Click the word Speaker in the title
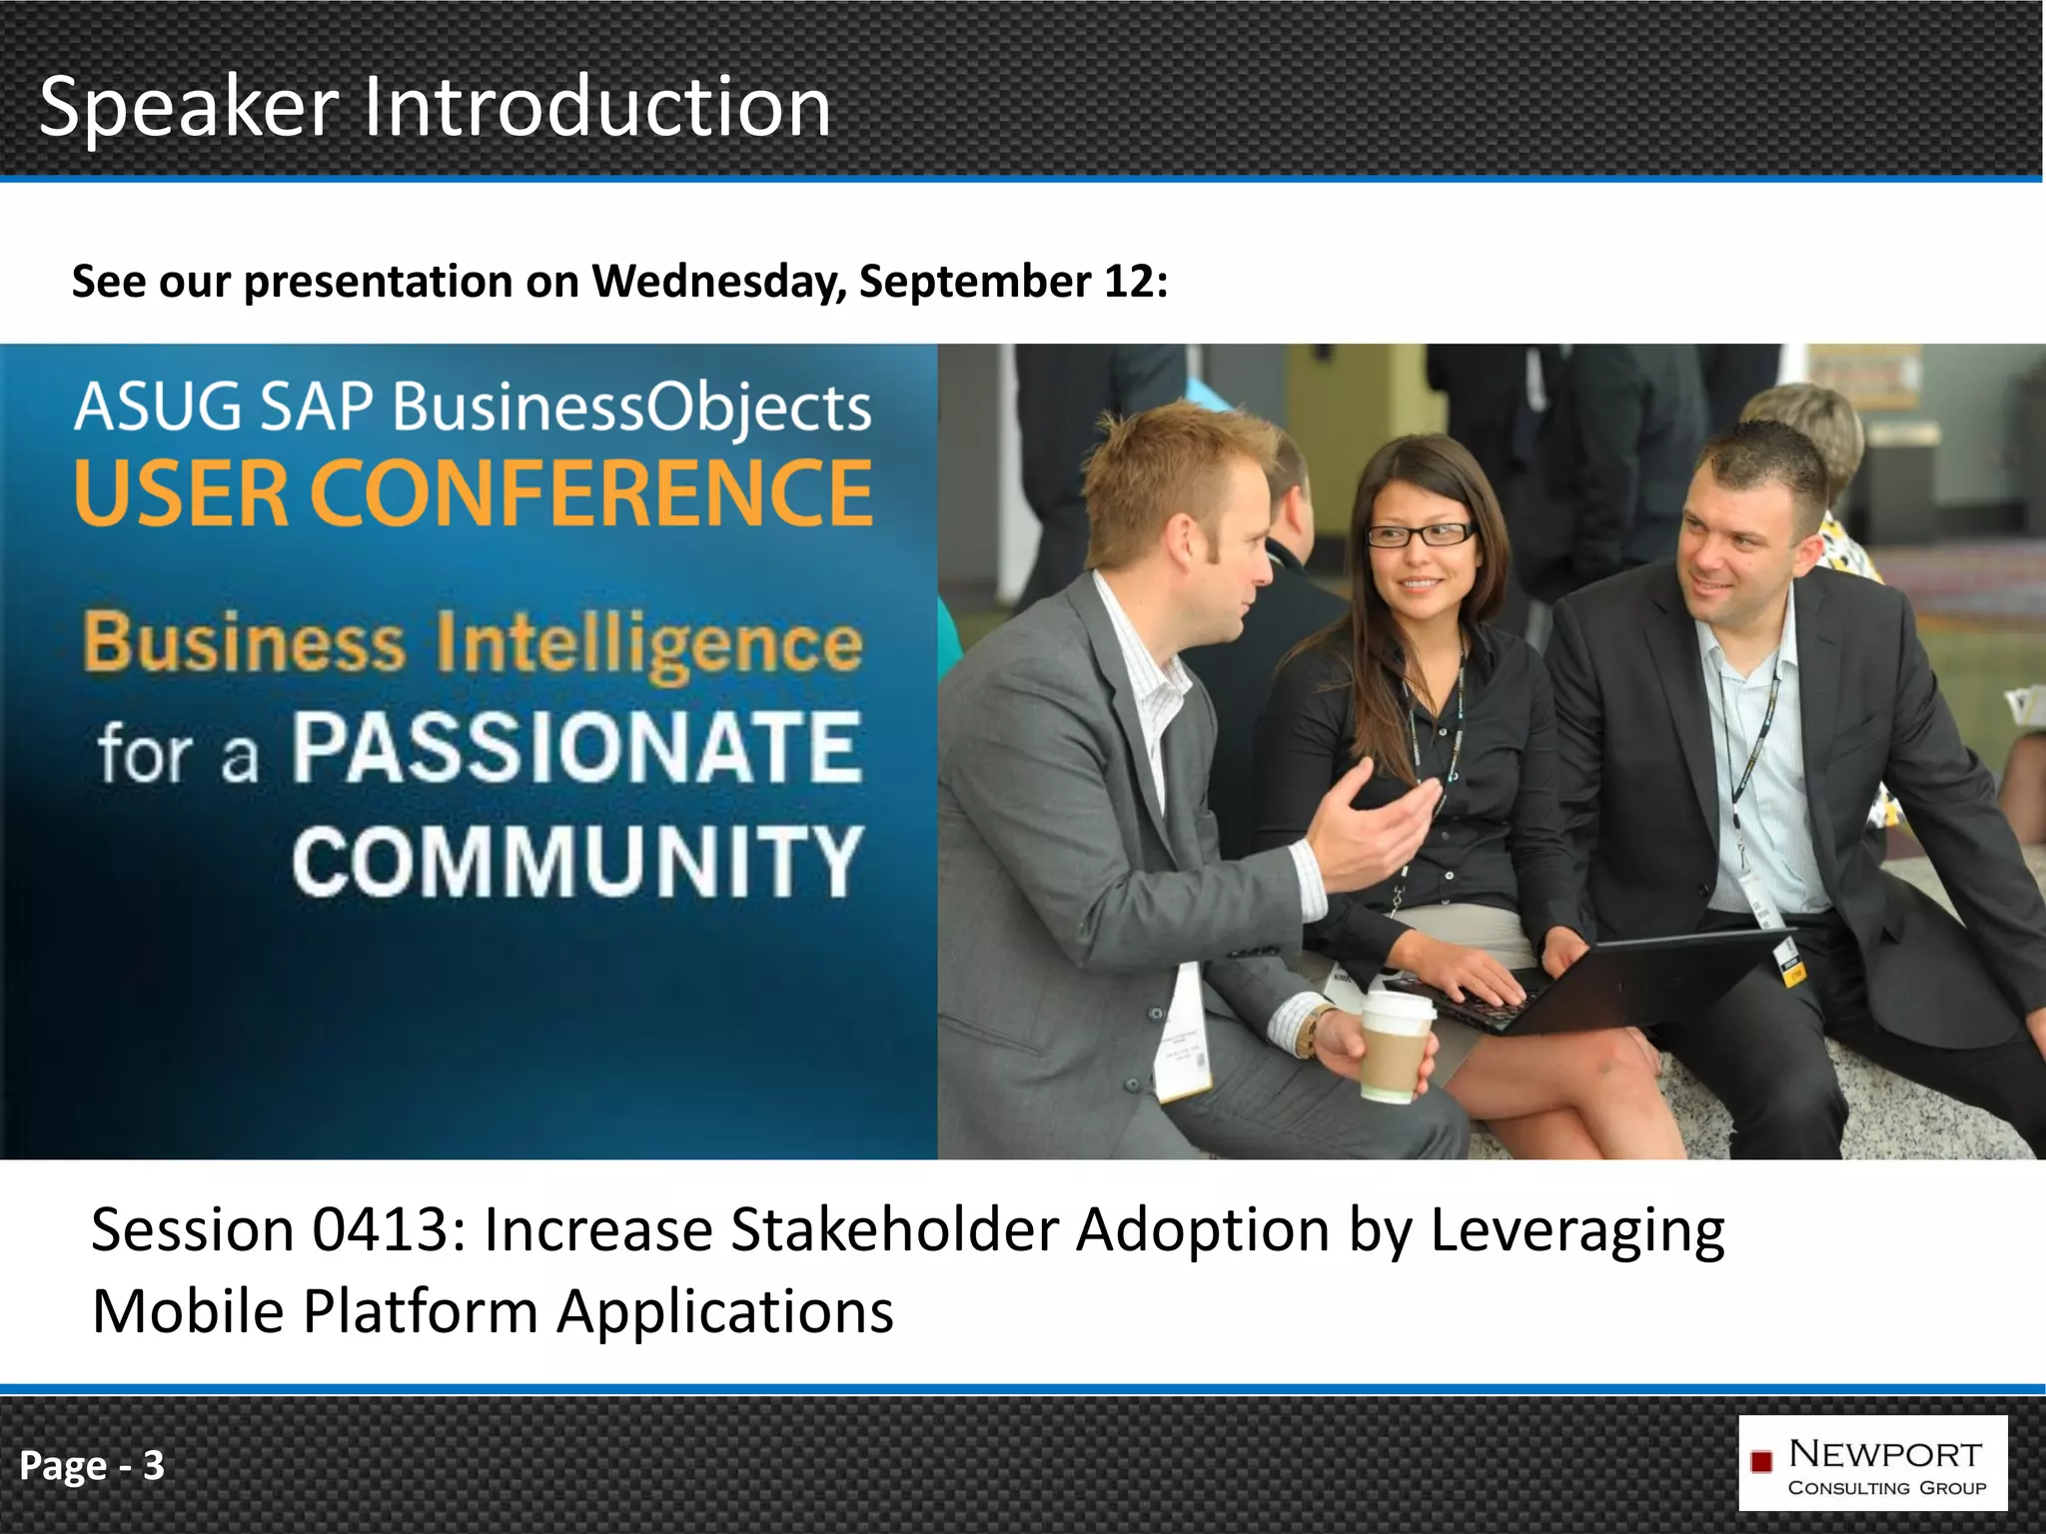tap(188, 108)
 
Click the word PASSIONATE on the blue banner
tap(576, 747)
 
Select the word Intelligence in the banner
tap(649, 644)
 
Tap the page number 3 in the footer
tap(153, 1465)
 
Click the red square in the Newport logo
tap(1761, 1462)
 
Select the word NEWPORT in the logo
tap(1884, 1453)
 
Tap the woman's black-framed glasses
tap(1420, 534)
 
